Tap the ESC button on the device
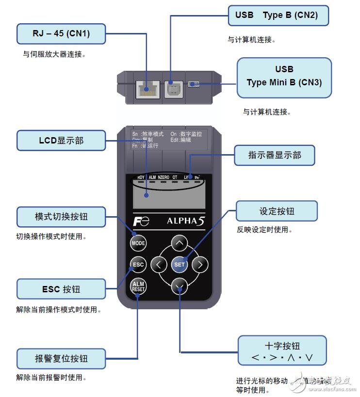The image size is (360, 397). point(138,265)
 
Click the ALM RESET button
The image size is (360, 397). point(138,286)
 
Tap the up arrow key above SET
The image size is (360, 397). point(180,242)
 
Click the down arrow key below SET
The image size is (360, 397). point(180,286)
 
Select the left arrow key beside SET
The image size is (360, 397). point(158,265)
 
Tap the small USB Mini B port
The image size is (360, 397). point(194,84)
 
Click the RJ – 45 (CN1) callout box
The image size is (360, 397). point(61,33)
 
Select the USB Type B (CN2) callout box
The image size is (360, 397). point(278,15)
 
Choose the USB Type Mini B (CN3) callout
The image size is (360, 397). point(284,76)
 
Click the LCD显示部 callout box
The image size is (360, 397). point(61,140)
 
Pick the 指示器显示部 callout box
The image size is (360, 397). point(274,155)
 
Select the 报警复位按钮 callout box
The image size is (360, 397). point(61,359)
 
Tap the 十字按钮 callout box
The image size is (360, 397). point(282,352)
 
